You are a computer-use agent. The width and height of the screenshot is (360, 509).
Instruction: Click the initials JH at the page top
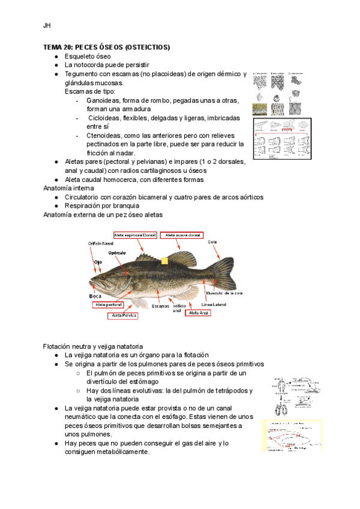46,26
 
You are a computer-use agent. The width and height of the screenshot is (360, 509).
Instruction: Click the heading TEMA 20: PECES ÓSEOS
106,47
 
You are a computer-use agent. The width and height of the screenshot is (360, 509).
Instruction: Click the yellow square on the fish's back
165,261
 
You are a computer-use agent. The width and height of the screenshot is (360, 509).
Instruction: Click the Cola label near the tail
212,242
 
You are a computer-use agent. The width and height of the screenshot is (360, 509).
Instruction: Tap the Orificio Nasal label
100,243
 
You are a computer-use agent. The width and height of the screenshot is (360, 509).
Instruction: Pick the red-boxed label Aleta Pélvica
124,315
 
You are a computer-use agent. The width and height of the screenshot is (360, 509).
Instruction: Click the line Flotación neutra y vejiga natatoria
92,346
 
